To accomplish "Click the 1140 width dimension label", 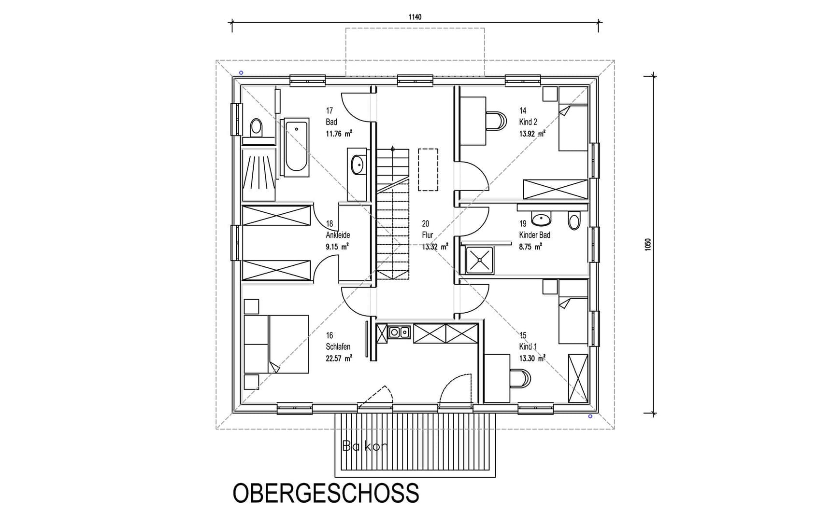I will coord(415,17).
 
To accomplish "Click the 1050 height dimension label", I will coord(648,244).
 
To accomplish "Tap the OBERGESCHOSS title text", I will coord(326,493).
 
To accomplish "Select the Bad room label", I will coord(331,122).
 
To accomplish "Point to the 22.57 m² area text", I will coord(339,358).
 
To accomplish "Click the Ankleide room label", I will coord(338,235).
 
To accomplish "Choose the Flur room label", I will coord(427,235).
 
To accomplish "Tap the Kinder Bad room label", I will coord(534,235).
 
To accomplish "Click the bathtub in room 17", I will coord(296,147).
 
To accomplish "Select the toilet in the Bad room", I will coord(256,128).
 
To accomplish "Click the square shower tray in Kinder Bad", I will coord(479,260).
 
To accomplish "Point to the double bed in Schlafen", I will coord(276,344).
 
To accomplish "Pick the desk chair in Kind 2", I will coord(496,121).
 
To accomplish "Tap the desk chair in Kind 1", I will coord(520,378).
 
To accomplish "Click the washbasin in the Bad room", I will coord(358,165).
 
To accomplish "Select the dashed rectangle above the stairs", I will coord(428,169).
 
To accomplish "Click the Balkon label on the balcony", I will coord(364,446).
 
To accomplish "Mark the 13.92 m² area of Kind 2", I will coord(532,134).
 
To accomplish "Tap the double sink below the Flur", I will coord(399,332).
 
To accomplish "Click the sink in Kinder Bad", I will coord(541,220).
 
